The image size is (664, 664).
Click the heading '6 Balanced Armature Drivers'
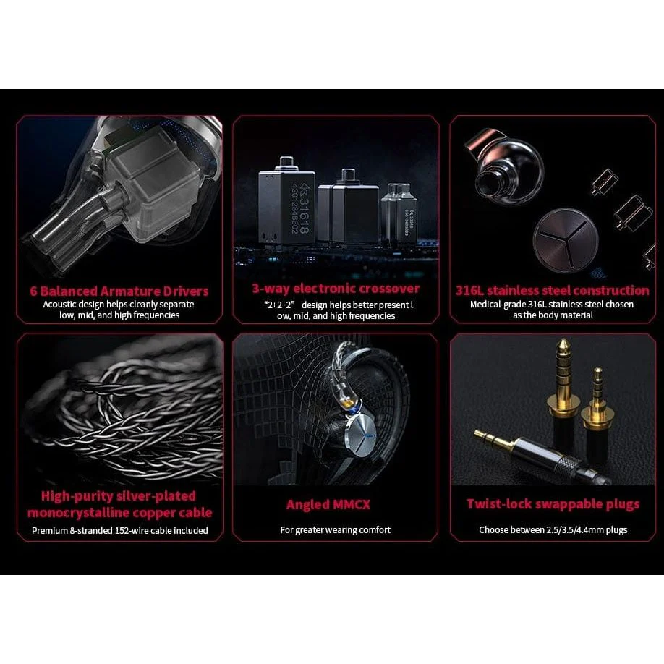point(119,291)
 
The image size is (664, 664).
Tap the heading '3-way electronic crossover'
point(336,289)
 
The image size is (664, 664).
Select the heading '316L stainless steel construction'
point(552,291)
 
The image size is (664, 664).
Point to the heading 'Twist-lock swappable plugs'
point(553,504)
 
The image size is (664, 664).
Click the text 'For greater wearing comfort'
point(335,530)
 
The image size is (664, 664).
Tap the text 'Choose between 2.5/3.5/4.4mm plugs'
point(553,530)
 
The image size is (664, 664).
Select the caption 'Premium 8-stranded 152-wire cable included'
point(119,530)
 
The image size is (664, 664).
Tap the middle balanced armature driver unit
point(349,206)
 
